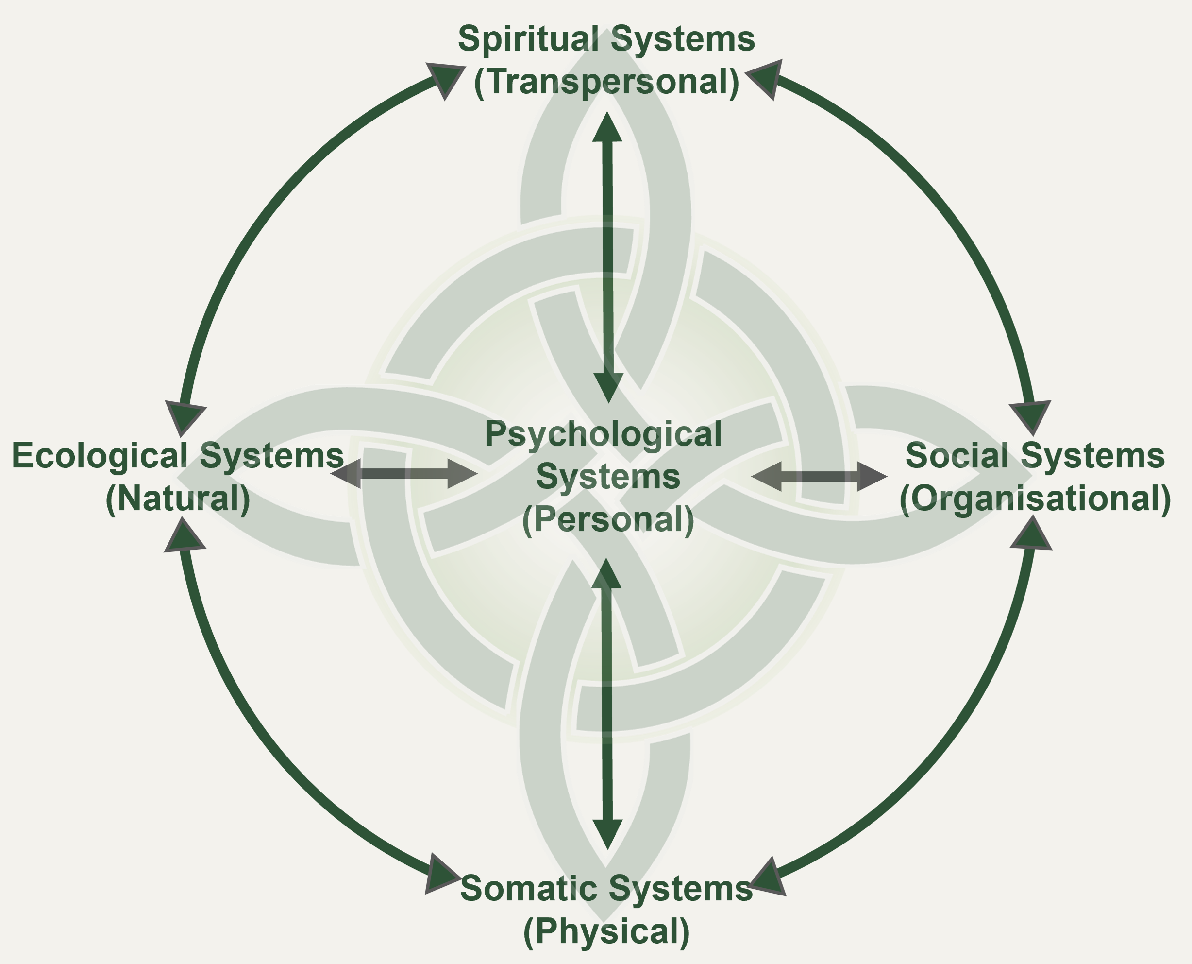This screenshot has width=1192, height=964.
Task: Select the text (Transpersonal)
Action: [606, 82]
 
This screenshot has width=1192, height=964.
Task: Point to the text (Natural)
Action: [178, 499]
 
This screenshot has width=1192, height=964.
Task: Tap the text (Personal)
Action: [608, 520]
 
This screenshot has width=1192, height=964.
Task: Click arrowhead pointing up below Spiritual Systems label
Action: [608, 127]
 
